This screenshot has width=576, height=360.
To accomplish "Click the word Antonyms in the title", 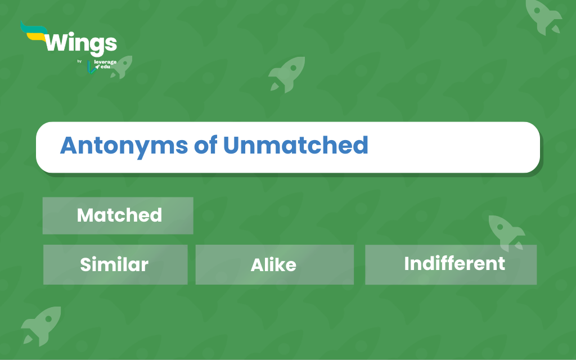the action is pos(124,146).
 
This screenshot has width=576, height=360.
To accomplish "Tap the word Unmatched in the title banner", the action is pos(295,145).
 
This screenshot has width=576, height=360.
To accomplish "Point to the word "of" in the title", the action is pos(205,145).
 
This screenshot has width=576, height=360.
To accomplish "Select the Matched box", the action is pos(118,215).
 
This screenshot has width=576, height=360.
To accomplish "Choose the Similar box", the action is pos(115,264).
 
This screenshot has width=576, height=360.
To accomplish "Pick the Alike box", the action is pos(274,264).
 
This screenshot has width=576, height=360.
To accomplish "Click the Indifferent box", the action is pos(451,264).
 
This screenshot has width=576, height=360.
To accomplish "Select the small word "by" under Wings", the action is pos(79,61).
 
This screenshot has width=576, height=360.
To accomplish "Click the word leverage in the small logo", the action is pos(105,62).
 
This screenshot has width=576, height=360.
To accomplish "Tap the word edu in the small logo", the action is pos(105,67).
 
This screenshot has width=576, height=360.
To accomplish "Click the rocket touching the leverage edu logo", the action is pos(121,67).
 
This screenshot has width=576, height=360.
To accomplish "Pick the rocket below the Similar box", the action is pos(41,326).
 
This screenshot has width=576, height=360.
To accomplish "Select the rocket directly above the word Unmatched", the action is pos(287,74).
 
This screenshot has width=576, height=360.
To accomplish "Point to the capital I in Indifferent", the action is pos(407,263).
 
